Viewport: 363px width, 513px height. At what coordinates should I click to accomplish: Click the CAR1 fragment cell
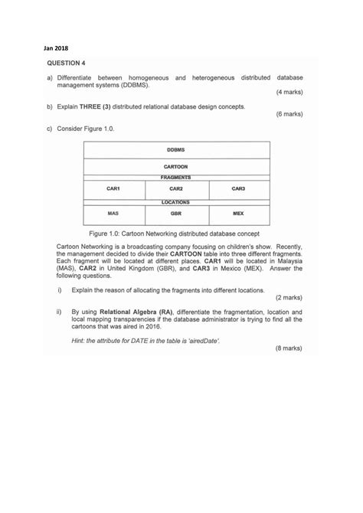[x=113, y=188]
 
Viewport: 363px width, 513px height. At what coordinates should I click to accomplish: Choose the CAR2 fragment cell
[x=175, y=188]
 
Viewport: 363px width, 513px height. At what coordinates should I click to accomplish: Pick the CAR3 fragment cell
[x=238, y=188]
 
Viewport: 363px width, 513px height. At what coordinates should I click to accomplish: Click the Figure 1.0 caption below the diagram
[x=175, y=232]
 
